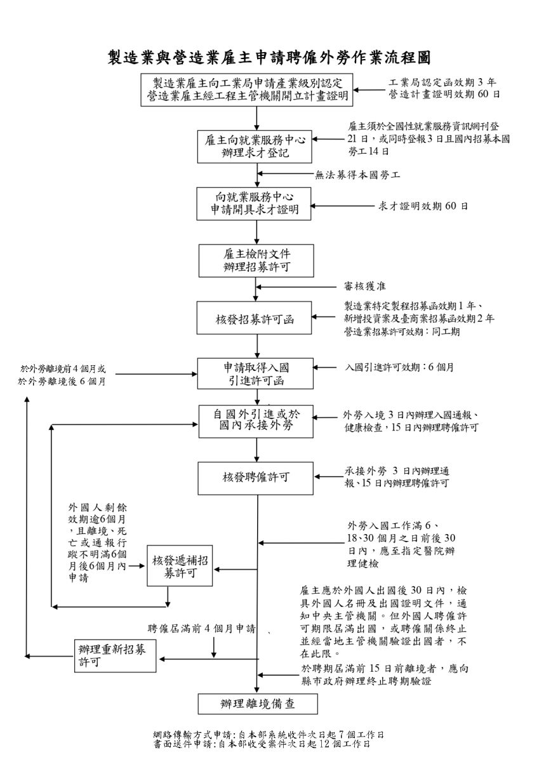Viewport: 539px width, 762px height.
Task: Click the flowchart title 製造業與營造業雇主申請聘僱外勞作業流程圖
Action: pos(269,58)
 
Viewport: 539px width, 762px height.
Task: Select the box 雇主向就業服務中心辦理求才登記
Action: pos(255,146)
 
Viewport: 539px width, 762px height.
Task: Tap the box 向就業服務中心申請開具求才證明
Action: pos(254,203)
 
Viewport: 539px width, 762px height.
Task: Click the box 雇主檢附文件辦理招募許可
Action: pos(256,260)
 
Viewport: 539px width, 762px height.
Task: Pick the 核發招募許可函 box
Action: pos(254,317)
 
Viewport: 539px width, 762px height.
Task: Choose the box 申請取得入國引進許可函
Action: pos(255,373)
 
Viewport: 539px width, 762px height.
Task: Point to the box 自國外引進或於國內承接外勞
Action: pos(256,422)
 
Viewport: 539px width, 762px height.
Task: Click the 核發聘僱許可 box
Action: pos(256,478)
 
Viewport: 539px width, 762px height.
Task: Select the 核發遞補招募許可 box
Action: pos(180,566)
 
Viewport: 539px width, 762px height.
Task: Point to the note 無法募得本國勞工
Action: pos(357,175)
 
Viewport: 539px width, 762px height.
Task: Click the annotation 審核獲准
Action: pos(364,286)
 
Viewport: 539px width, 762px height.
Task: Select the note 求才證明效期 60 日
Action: pos(423,206)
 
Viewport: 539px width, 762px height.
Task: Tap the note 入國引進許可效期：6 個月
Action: pos(399,368)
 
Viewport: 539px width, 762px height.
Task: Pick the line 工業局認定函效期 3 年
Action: pos(443,83)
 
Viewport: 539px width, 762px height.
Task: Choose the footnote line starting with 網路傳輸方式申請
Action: pos(269,735)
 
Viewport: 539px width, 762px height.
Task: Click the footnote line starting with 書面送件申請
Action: pos(262,744)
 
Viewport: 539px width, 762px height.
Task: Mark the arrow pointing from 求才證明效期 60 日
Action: pos(342,206)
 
